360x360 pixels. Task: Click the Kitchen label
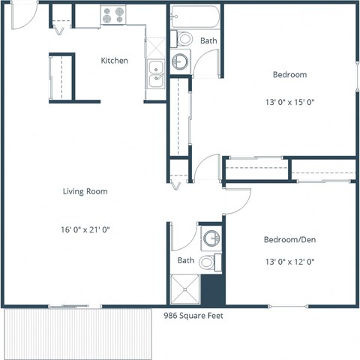coord(114,61)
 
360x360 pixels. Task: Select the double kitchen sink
coord(155,73)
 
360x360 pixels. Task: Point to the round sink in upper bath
coord(181,61)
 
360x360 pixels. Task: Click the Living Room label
coord(85,191)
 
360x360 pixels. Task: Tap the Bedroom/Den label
coord(289,240)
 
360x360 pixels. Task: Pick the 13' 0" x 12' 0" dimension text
coord(289,262)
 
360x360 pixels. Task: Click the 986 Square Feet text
coord(193,316)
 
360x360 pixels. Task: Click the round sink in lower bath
coord(211,239)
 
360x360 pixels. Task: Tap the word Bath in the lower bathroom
coord(186,260)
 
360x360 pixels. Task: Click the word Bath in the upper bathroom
coord(208,40)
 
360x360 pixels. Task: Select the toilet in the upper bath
coord(183,37)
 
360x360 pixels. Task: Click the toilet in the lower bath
coord(216,262)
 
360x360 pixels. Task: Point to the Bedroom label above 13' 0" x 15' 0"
coord(289,75)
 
